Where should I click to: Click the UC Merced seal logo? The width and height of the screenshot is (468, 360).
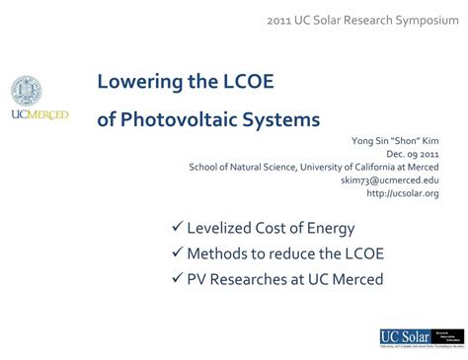tap(27, 92)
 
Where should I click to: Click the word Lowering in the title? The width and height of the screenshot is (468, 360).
tap(140, 81)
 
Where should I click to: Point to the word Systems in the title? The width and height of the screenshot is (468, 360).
tap(284, 119)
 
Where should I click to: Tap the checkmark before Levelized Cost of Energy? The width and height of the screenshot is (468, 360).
tap(177, 228)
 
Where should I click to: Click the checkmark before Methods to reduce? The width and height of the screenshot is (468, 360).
tap(177, 253)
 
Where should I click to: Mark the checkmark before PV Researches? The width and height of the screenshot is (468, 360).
tap(177, 279)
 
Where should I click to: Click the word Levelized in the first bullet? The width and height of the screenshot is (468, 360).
tap(222, 228)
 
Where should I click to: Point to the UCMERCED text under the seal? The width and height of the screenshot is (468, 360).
tap(39, 115)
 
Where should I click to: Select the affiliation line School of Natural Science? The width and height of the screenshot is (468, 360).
tap(315, 167)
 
